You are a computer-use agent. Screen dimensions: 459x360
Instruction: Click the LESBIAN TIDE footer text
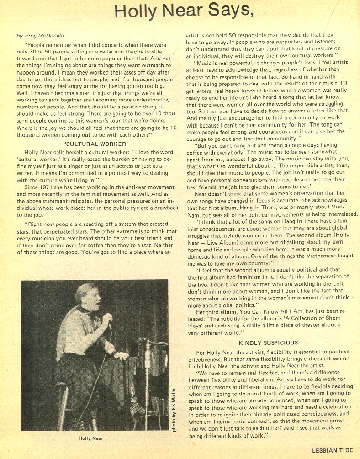(x=332, y=450)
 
